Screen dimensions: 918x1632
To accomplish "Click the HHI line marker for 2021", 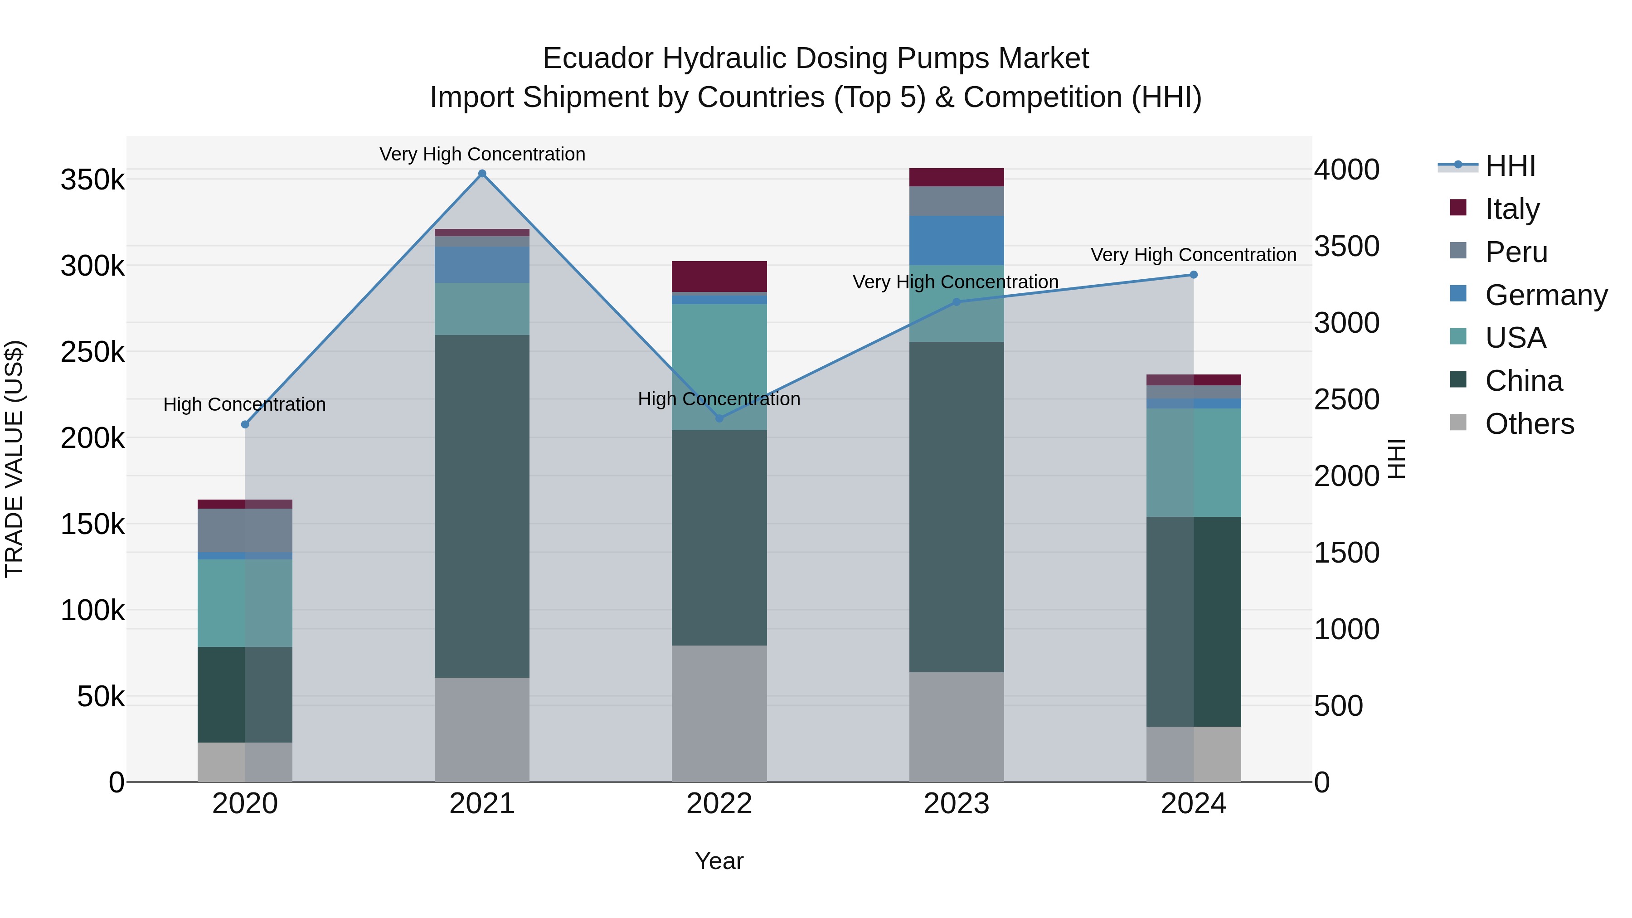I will coord(482,174).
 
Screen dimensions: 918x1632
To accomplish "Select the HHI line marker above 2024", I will coord(1194,275).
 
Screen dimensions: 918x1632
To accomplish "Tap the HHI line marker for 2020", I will coord(245,424).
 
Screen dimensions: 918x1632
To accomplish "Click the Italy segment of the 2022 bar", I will coord(719,276).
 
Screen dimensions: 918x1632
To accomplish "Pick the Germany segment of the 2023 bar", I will coord(957,240).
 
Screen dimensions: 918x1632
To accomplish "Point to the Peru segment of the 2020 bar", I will coord(245,530).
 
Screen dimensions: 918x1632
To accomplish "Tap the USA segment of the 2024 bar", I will coord(1194,462).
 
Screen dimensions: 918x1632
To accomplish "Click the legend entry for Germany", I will coord(1546,295).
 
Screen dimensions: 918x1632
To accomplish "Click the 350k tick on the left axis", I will coord(92,180).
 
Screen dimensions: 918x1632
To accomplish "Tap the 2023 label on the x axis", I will coord(957,804).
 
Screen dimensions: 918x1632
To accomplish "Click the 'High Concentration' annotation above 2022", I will coord(719,399).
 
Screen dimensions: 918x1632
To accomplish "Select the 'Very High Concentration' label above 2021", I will coord(482,154).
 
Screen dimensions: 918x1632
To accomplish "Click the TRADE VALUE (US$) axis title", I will coord(14,459).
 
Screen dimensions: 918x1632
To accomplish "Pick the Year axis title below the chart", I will coord(719,861).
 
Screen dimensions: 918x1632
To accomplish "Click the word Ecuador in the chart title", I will coord(597,58).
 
